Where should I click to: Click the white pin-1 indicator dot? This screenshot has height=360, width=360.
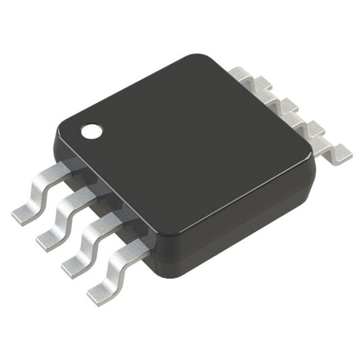coord(91,131)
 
